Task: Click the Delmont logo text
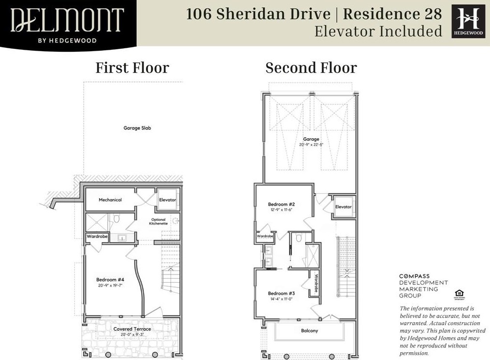pyautogui.click(x=67, y=20)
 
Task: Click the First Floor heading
pyautogui.click(x=132, y=68)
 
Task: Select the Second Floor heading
pyautogui.click(x=311, y=68)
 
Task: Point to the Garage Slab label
pyautogui.click(x=135, y=128)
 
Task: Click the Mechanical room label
pyautogui.click(x=110, y=200)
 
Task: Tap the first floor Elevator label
pyautogui.click(x=168, y=200)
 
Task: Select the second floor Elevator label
pyautogui.click(x=344, y=207)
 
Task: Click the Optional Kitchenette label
pyautogui.click(x=158, y=221)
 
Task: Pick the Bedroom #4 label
pyautogui.click(x=110, y=279)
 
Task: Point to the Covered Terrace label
pyautogui.click(x=132, y=329)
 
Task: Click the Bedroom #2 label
pyautogui.click(x=281, y=204)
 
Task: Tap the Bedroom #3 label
pyautogui.click(x=281, y=293)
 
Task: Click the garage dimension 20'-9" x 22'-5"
pyautogui.click(x=311, y=144)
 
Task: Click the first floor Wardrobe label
pyautogui.click(x=97, y=237)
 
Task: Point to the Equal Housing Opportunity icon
pyautogui.click(x=458, y=293)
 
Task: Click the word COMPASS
pyautogui.click(x=414, y=276)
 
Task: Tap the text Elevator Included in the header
pyautogui.click(x=378, y=31)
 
